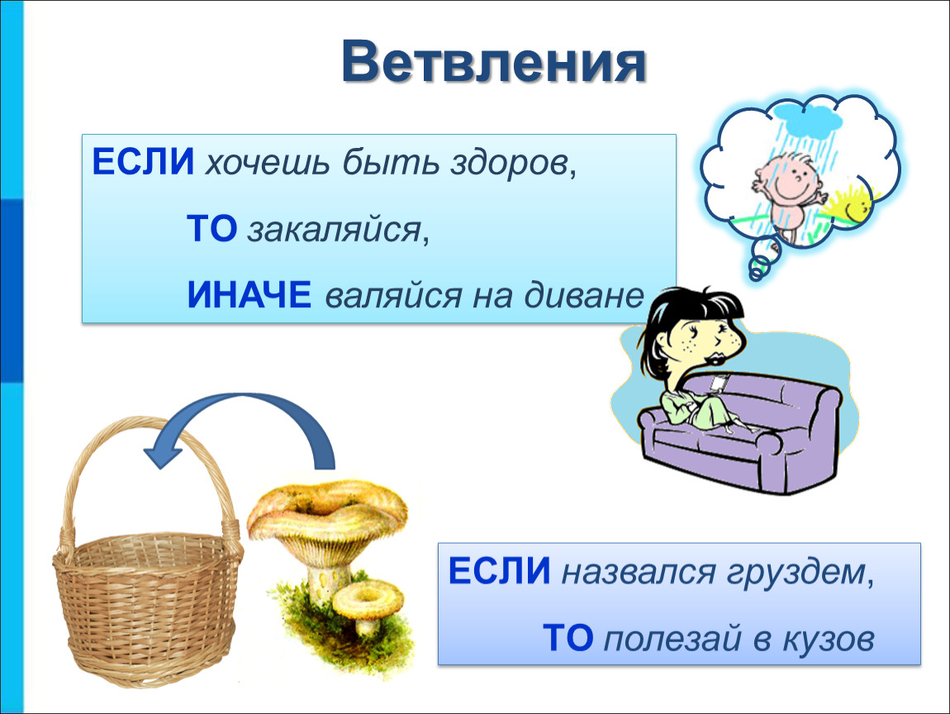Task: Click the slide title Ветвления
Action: coord(494,61)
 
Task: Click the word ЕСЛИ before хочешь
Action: coord(143,162)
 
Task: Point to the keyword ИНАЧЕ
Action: coord(249,294)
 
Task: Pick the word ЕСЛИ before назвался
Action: coord(499,570)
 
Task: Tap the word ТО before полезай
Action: coord(568,638)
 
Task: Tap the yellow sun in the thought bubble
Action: coord(851,204)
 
